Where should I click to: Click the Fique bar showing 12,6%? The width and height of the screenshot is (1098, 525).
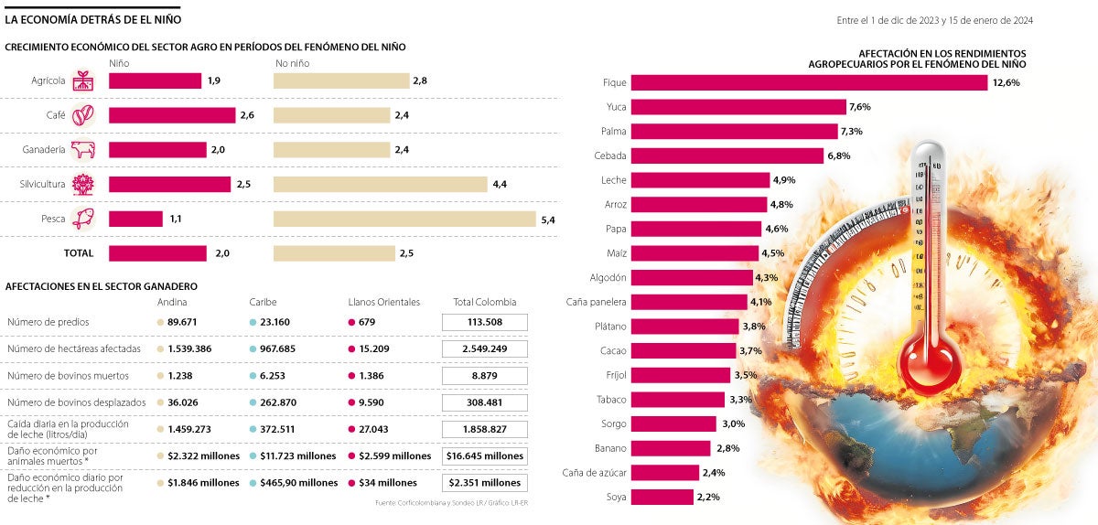coord(809,82)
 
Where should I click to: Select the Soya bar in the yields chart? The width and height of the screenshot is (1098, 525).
coord(662,497)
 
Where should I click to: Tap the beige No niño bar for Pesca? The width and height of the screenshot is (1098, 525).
coord(404,219)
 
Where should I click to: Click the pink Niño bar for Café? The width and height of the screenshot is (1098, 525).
coord(172,115)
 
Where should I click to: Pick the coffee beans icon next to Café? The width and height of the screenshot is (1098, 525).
coord(83,115)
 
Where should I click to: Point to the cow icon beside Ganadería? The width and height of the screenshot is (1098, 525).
coord(83,150)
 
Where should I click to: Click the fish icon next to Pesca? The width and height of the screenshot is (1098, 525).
coord(83,219)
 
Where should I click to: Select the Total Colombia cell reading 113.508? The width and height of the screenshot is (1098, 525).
coord(484,322)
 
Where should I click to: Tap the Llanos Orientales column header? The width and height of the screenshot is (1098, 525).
coord(383,302)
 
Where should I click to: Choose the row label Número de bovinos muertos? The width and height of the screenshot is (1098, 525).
coord(68,376)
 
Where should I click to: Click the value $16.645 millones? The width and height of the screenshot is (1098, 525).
coord(484,455)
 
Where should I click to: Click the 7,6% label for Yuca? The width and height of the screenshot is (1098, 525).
coord(859,107)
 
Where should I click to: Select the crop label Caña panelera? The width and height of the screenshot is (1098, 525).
coord(597,302)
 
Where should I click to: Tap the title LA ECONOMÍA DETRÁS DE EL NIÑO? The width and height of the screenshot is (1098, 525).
coord(93,18)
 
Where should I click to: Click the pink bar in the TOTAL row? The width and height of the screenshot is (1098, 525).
coord(157,253)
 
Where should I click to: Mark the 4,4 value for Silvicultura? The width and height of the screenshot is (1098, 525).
coord(500,185)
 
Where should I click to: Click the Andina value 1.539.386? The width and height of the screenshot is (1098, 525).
coord(189,348)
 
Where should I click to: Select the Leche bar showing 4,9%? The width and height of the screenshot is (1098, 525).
coord(700,180)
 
